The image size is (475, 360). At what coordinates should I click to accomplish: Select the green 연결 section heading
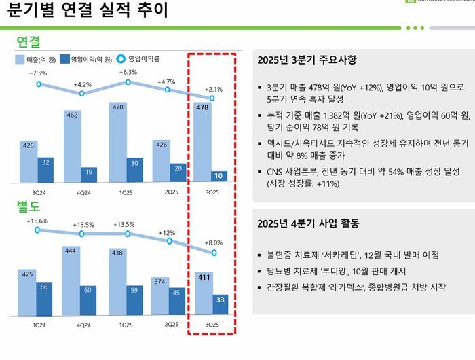28,41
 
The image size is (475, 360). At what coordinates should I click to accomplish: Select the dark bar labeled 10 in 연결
219,177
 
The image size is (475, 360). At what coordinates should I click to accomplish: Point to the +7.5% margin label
38,73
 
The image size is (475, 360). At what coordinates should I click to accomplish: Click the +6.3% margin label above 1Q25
128,72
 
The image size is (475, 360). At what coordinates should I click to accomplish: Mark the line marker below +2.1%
213,98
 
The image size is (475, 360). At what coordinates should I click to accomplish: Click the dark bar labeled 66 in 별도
45,298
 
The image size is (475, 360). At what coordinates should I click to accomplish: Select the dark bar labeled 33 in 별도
220,304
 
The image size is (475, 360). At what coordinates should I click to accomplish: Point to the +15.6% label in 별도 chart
37,221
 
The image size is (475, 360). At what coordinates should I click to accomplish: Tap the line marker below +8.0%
214,253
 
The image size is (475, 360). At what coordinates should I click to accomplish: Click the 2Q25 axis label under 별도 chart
172,325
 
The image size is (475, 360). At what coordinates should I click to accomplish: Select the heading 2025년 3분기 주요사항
307,60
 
